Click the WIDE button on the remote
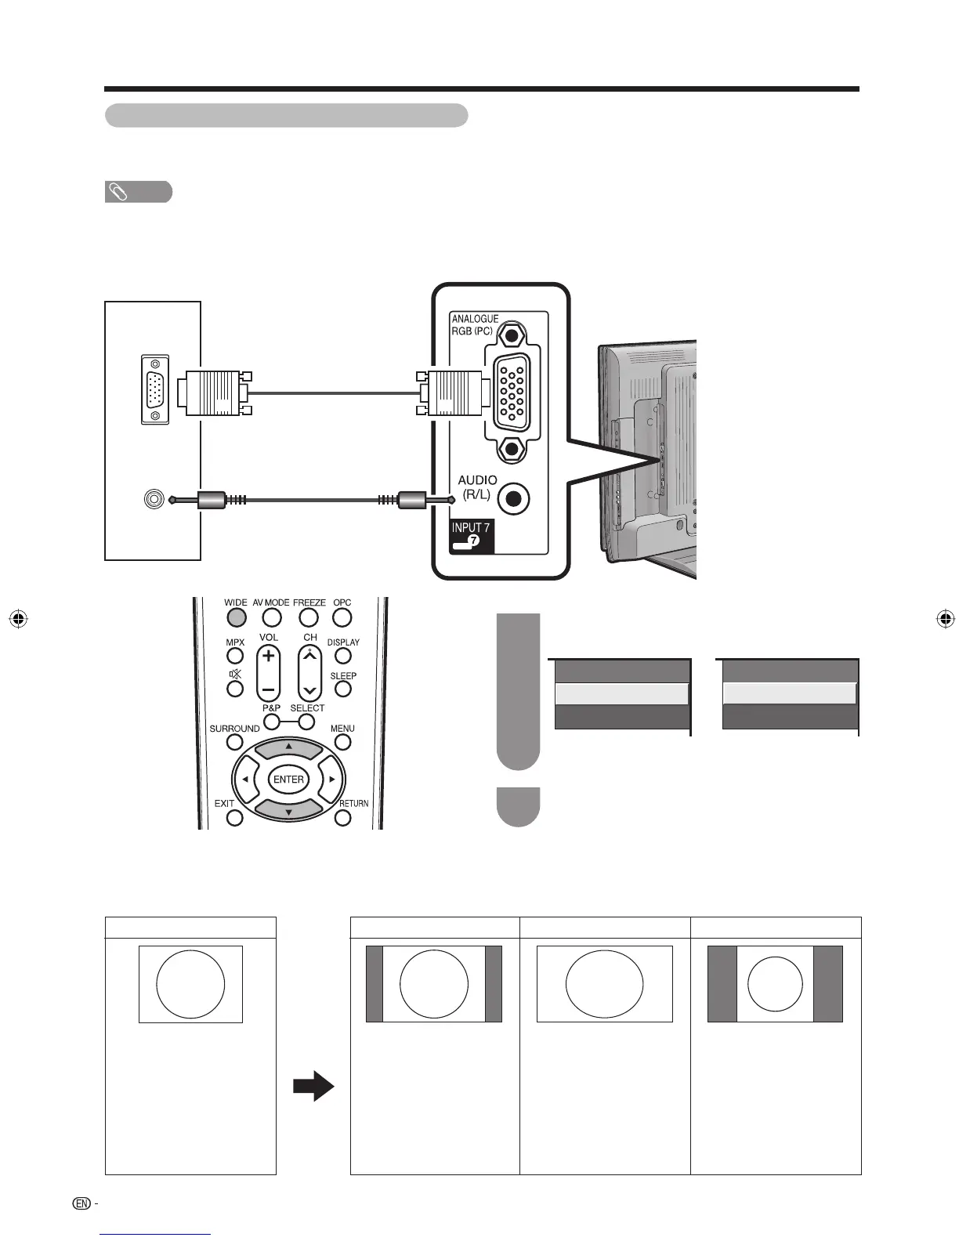(x=236, y=617)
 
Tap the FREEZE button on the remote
(x=309, y=617)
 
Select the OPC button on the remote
(x=342, y=617)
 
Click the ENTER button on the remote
(x=288, y=780)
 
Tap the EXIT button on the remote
(x=235, y=818)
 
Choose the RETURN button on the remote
(x=343, y=818)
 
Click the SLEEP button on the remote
(x=343, y=689)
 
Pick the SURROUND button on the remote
(x=235, y=742)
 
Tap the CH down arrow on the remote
(x=310, y=690)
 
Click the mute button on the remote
(x=235, y=689)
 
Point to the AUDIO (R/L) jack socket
(x=514, y=498)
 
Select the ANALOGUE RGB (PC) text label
(x=475, y=324)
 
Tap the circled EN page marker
(x=81, y=1203)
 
